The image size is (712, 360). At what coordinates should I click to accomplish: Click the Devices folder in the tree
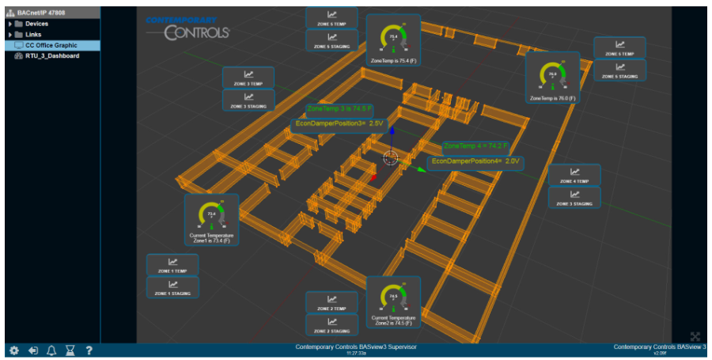click(x=36, y=24)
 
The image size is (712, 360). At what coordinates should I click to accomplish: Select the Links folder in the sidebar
click(x=33, y=35)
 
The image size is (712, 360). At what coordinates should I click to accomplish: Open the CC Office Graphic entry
click(x=51, y=45)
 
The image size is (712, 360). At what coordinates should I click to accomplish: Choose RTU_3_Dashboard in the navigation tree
click(x=51, y=56)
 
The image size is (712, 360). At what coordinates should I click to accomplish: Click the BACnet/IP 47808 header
click(x=40, y=13)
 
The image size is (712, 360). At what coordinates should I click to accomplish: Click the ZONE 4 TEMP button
click(x=574, y=175)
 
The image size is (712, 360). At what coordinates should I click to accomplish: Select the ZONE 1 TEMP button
click(x=172, y=265)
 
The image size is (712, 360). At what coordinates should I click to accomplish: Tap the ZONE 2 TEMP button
click(x=331, y=302)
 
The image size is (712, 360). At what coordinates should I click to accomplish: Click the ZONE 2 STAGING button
click(x=331, y=324)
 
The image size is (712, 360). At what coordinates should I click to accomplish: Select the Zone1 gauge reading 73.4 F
click(x=210, y=216)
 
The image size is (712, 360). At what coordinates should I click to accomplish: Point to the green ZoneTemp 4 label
click(x=475, y=146)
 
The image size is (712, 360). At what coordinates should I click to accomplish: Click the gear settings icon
click(x=13, y=351)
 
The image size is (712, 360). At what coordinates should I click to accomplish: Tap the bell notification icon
click(x=51, y=351)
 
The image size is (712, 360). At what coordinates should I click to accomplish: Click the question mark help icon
click(x=89, y=351)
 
